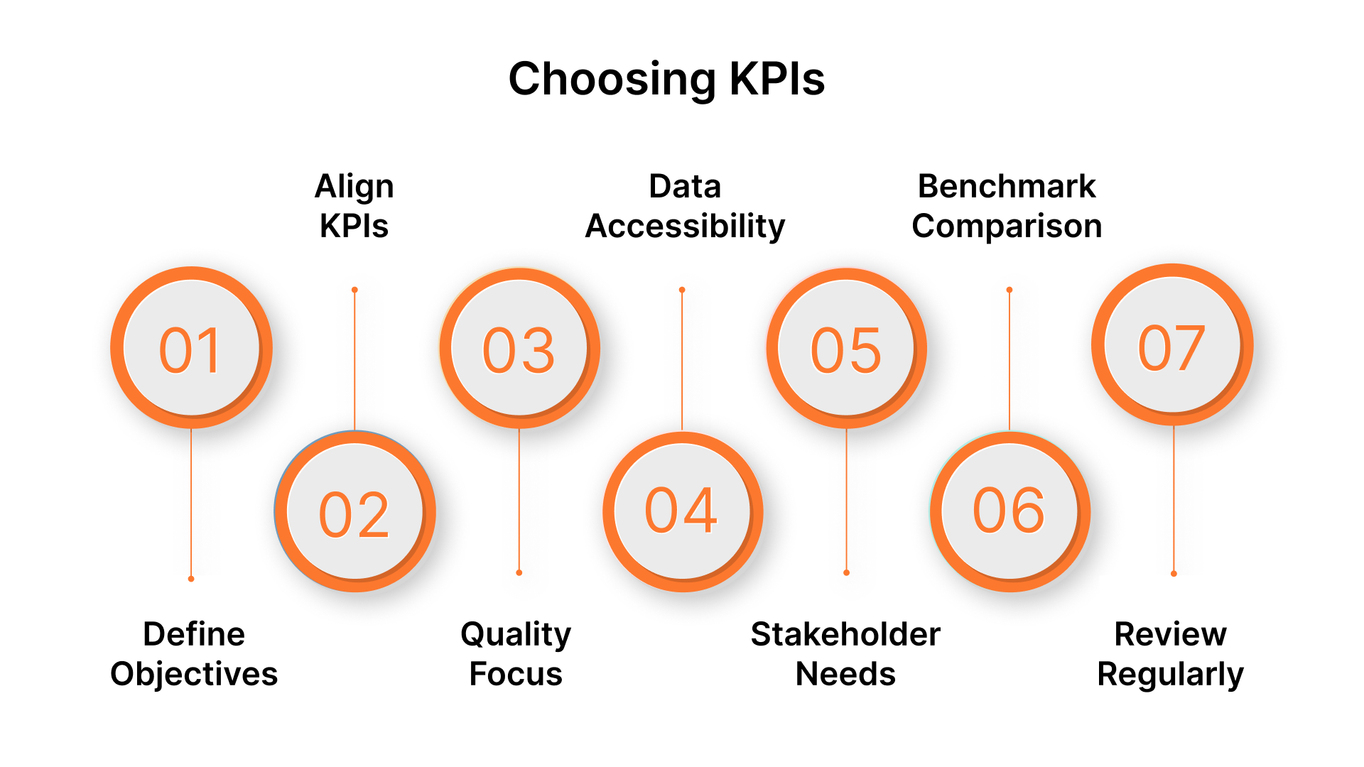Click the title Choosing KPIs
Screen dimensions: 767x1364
(x=666, y=78)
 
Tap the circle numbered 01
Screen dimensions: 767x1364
(x=191, y=348)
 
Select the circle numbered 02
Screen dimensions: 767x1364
(x=354, y=512)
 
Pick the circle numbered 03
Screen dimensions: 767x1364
(x=519, y=348)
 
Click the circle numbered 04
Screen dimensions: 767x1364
(x=682, y=511)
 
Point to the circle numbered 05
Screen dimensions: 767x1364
(x=846, y=348)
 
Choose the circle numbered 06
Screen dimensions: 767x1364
(x=1010, y=511)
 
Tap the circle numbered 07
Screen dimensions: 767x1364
(x=1172, y=345)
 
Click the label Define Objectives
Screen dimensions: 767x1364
(x=194, y=653)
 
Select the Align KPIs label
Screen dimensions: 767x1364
(x=354, y=206)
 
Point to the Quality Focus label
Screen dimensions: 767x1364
(x=516, y=653)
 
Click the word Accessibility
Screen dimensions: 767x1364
(x=685, y=227)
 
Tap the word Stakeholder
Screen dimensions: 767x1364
(x=845, y=634)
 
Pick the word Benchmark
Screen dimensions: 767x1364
(x=1007, y=187)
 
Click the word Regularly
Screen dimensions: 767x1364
(x=1170, y=674)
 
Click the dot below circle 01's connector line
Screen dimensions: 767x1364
(x=191, y=579)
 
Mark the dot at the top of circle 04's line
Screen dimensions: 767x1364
(x=682, y=290)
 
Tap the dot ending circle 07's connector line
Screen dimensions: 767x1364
(x=1174, y=574)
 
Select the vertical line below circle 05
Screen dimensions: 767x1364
(x=846, y=497)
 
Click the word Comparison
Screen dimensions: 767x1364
(x=1007, y=227)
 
